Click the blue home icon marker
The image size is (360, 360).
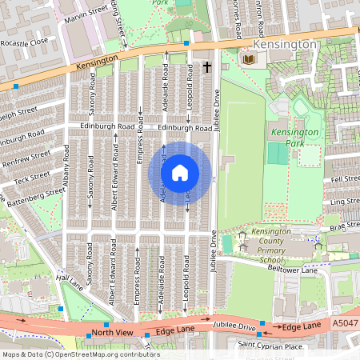coord(180,173)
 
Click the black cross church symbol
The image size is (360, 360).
coord(207,68)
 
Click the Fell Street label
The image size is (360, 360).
coord(346,179)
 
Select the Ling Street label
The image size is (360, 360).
coord(345,201)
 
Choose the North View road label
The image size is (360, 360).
coord(111,331)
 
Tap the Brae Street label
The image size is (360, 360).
coord(345,226)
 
